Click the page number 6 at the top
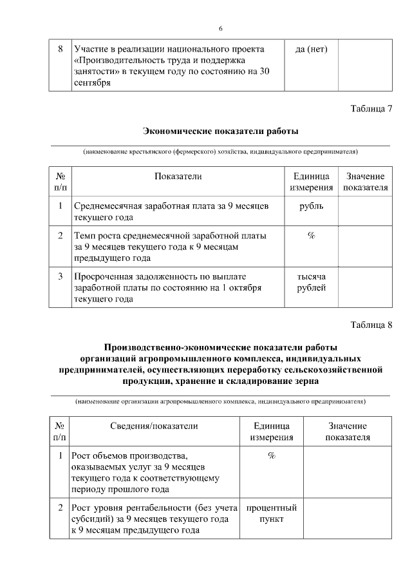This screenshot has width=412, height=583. click(x=220, y=28)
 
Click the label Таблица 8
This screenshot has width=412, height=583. click(x=371, y=323)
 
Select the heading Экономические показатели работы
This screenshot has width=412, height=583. click(x=220, y=131)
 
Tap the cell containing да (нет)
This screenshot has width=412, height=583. click(x=311, y=49)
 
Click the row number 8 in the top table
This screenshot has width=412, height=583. click(x=60, y=49)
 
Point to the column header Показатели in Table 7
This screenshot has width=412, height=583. click(x=178, y=176)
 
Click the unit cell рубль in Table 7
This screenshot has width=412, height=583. click(x=311, y=206)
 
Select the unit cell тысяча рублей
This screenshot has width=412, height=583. click(x=311, y=282)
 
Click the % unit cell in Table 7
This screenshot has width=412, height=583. click(x=311, y=236)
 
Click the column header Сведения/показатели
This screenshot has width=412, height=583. click(x=154, y=426)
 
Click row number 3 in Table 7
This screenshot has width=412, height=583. click(x=60, y=276)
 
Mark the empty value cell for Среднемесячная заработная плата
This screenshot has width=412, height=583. click(x=365, y=211)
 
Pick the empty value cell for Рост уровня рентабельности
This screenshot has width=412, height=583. click(x=348, y=519)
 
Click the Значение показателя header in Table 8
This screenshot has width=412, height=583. click(x=348, y=432)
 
